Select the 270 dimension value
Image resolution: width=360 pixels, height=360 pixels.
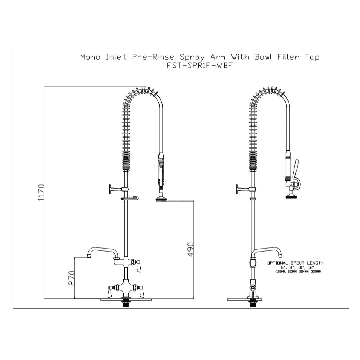[x=71, y=277]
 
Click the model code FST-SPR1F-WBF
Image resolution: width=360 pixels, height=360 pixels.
[x=199, y=65]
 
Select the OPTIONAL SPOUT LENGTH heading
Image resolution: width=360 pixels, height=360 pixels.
[x=295, y=263]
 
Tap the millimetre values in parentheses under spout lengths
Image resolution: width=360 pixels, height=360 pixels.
[x=298, y=272]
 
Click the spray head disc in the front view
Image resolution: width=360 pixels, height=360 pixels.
[x=161, y=200]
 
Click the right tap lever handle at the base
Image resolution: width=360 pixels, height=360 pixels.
[x=140, y=292]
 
